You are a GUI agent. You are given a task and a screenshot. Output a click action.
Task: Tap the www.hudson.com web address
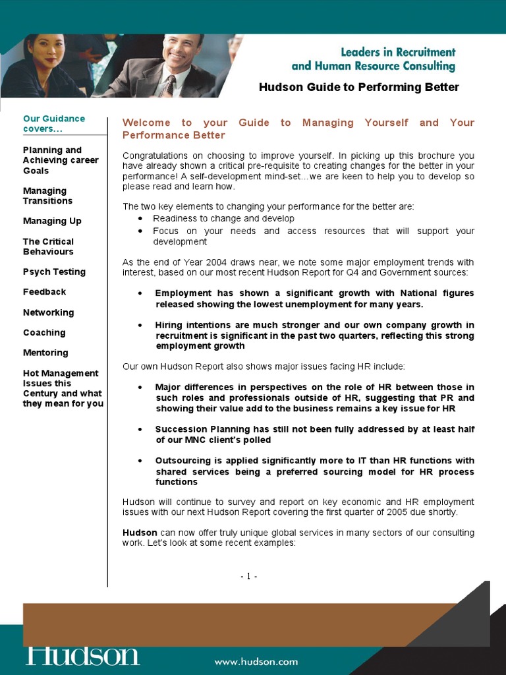click(x=256, y=662)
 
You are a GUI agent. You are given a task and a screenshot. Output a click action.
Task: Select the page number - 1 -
click(x=248, y=576)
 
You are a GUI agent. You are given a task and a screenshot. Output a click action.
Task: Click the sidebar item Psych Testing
click(x=54, y=272)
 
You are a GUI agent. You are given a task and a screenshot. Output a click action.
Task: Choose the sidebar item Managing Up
click(x=52, y=221)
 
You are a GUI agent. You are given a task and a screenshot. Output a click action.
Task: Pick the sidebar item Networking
click(x=48, y=312)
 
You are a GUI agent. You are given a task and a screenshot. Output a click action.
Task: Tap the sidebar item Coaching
click(x=44, y=333)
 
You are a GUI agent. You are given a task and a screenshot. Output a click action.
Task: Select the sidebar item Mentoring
click(x=45, y=353)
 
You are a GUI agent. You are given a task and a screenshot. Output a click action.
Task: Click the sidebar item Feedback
click(x=44, y=291)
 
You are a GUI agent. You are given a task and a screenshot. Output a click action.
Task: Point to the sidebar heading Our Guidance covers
click(x=53, y=123)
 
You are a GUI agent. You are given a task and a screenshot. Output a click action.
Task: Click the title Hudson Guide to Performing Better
click(x=358, y=87)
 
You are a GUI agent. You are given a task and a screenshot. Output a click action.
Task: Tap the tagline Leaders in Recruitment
click(x=397, y=52)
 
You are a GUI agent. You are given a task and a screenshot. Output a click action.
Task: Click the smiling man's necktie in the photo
click(x=169, y=85)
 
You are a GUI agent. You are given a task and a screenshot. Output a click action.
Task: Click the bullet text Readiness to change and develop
click(x=223, y=218)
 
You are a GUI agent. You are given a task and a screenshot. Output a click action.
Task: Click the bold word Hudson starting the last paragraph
click(x=140, y=533)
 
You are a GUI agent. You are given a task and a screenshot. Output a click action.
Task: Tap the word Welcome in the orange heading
click(x=146, y=123)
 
